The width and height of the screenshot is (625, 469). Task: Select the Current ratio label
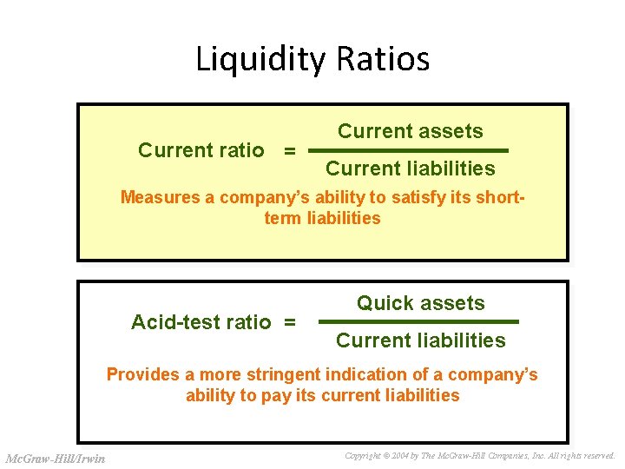tap(201, 150)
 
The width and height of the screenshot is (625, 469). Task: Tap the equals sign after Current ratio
tap(290, 151)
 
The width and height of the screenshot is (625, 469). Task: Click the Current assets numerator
tap(411, 132)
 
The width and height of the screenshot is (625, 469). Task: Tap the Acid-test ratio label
tap(201, 322)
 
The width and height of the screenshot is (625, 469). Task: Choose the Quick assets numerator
tap(421, 303)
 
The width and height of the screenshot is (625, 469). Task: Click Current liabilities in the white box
tap(421, 340)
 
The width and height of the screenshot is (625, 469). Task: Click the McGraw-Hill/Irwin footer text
tap(56, 458)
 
